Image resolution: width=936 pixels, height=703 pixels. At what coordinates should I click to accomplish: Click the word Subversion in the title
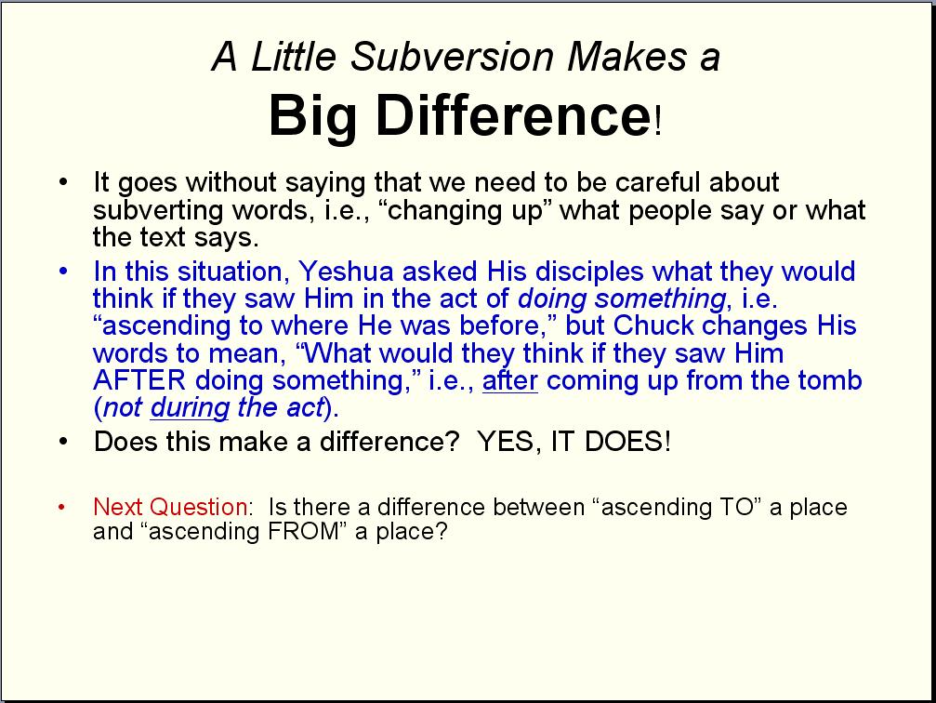452,57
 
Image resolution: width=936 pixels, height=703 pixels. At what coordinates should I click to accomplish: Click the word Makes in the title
626,57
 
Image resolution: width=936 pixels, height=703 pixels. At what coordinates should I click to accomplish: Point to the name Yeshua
346,272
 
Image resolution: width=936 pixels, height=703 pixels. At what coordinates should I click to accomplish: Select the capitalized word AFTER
139,380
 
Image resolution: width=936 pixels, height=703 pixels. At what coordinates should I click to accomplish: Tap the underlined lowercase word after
509,380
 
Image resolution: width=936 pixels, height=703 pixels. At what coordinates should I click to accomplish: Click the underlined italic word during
190,408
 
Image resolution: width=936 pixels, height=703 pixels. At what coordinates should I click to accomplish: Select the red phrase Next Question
171,507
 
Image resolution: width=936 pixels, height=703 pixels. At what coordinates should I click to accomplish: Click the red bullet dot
62,508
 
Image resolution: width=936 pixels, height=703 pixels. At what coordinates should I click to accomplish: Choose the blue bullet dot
63,272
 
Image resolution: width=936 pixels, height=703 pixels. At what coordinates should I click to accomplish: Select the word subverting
158,210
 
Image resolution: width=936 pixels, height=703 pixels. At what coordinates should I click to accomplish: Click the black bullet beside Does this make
63,442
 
